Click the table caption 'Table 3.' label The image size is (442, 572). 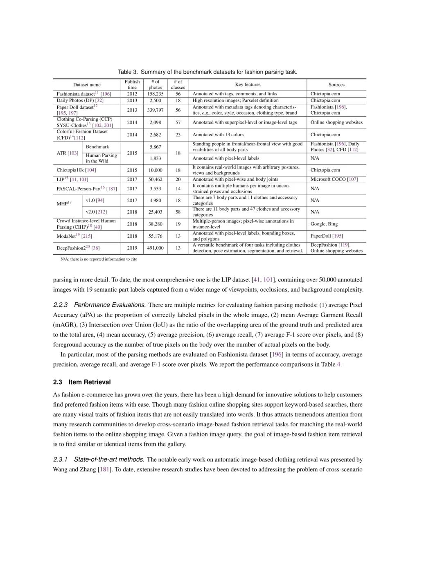128,72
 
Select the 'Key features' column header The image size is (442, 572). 248,85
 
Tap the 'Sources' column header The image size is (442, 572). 336,85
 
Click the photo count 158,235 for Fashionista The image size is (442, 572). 156,94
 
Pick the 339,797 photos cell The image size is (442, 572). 156,110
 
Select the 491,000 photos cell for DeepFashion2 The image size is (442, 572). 156,248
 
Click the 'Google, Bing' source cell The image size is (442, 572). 324,224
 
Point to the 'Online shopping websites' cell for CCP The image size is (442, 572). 336,122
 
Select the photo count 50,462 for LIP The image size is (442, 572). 156,179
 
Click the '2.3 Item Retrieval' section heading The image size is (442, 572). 82,382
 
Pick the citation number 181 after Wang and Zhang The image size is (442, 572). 105,470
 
